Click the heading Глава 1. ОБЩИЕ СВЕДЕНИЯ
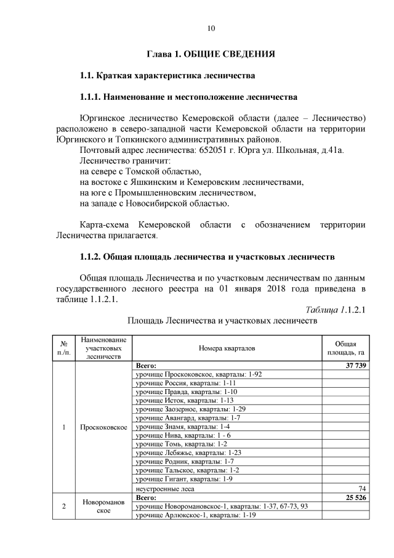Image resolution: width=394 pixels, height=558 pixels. [x=210, y=54]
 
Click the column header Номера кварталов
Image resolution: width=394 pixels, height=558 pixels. [x=227, y=348]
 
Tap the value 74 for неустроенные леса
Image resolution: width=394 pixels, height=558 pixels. [x=362, y=488]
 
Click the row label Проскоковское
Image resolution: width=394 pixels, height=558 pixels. [x=103, y=427]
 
